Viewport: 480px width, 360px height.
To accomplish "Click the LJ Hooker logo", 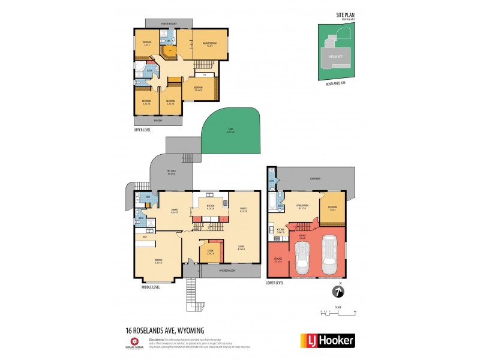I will pyautogui.click(x=327, y=341).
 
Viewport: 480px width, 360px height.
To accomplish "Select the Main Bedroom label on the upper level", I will pyautogui.click(x=209, y=45).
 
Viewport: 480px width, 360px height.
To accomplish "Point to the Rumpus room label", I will pyautogui.click(x=159, y=262).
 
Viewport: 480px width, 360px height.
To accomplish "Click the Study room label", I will pyautogui.click(x=210, y=251).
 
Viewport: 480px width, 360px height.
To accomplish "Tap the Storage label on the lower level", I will pyautogui.click(x=278, y=260).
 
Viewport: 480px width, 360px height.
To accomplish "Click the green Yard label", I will pyautogui.click(x=231, y=131).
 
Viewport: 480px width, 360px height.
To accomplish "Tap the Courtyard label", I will pyautogui.click(x=316, y=177).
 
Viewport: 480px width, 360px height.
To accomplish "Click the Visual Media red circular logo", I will pyautogui.click(x=133, y=340).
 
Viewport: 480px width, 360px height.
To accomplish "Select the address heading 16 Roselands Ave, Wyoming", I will pyautogui.click(x=165, y=329).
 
